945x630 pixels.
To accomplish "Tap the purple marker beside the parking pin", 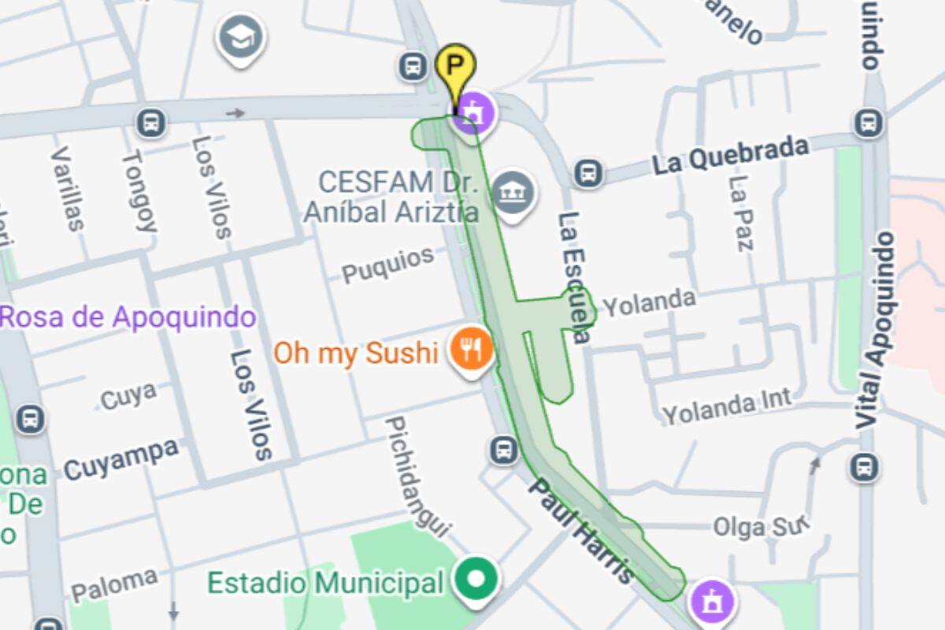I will click(472, 112).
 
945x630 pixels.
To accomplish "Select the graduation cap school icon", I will click(240, 36).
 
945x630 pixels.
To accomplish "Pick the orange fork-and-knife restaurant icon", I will click(471, 349).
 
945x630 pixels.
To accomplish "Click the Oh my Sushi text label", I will click(355, 352).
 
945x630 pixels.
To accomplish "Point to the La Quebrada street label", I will click(730, 154).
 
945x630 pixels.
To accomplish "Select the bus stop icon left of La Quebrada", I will click(588, 173).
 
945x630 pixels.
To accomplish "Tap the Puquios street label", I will click(388, 265).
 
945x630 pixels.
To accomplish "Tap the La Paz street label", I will click(742, 213).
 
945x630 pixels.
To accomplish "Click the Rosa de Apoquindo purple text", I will click(128, 317).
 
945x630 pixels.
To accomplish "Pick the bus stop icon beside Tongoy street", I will click(150, 122).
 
